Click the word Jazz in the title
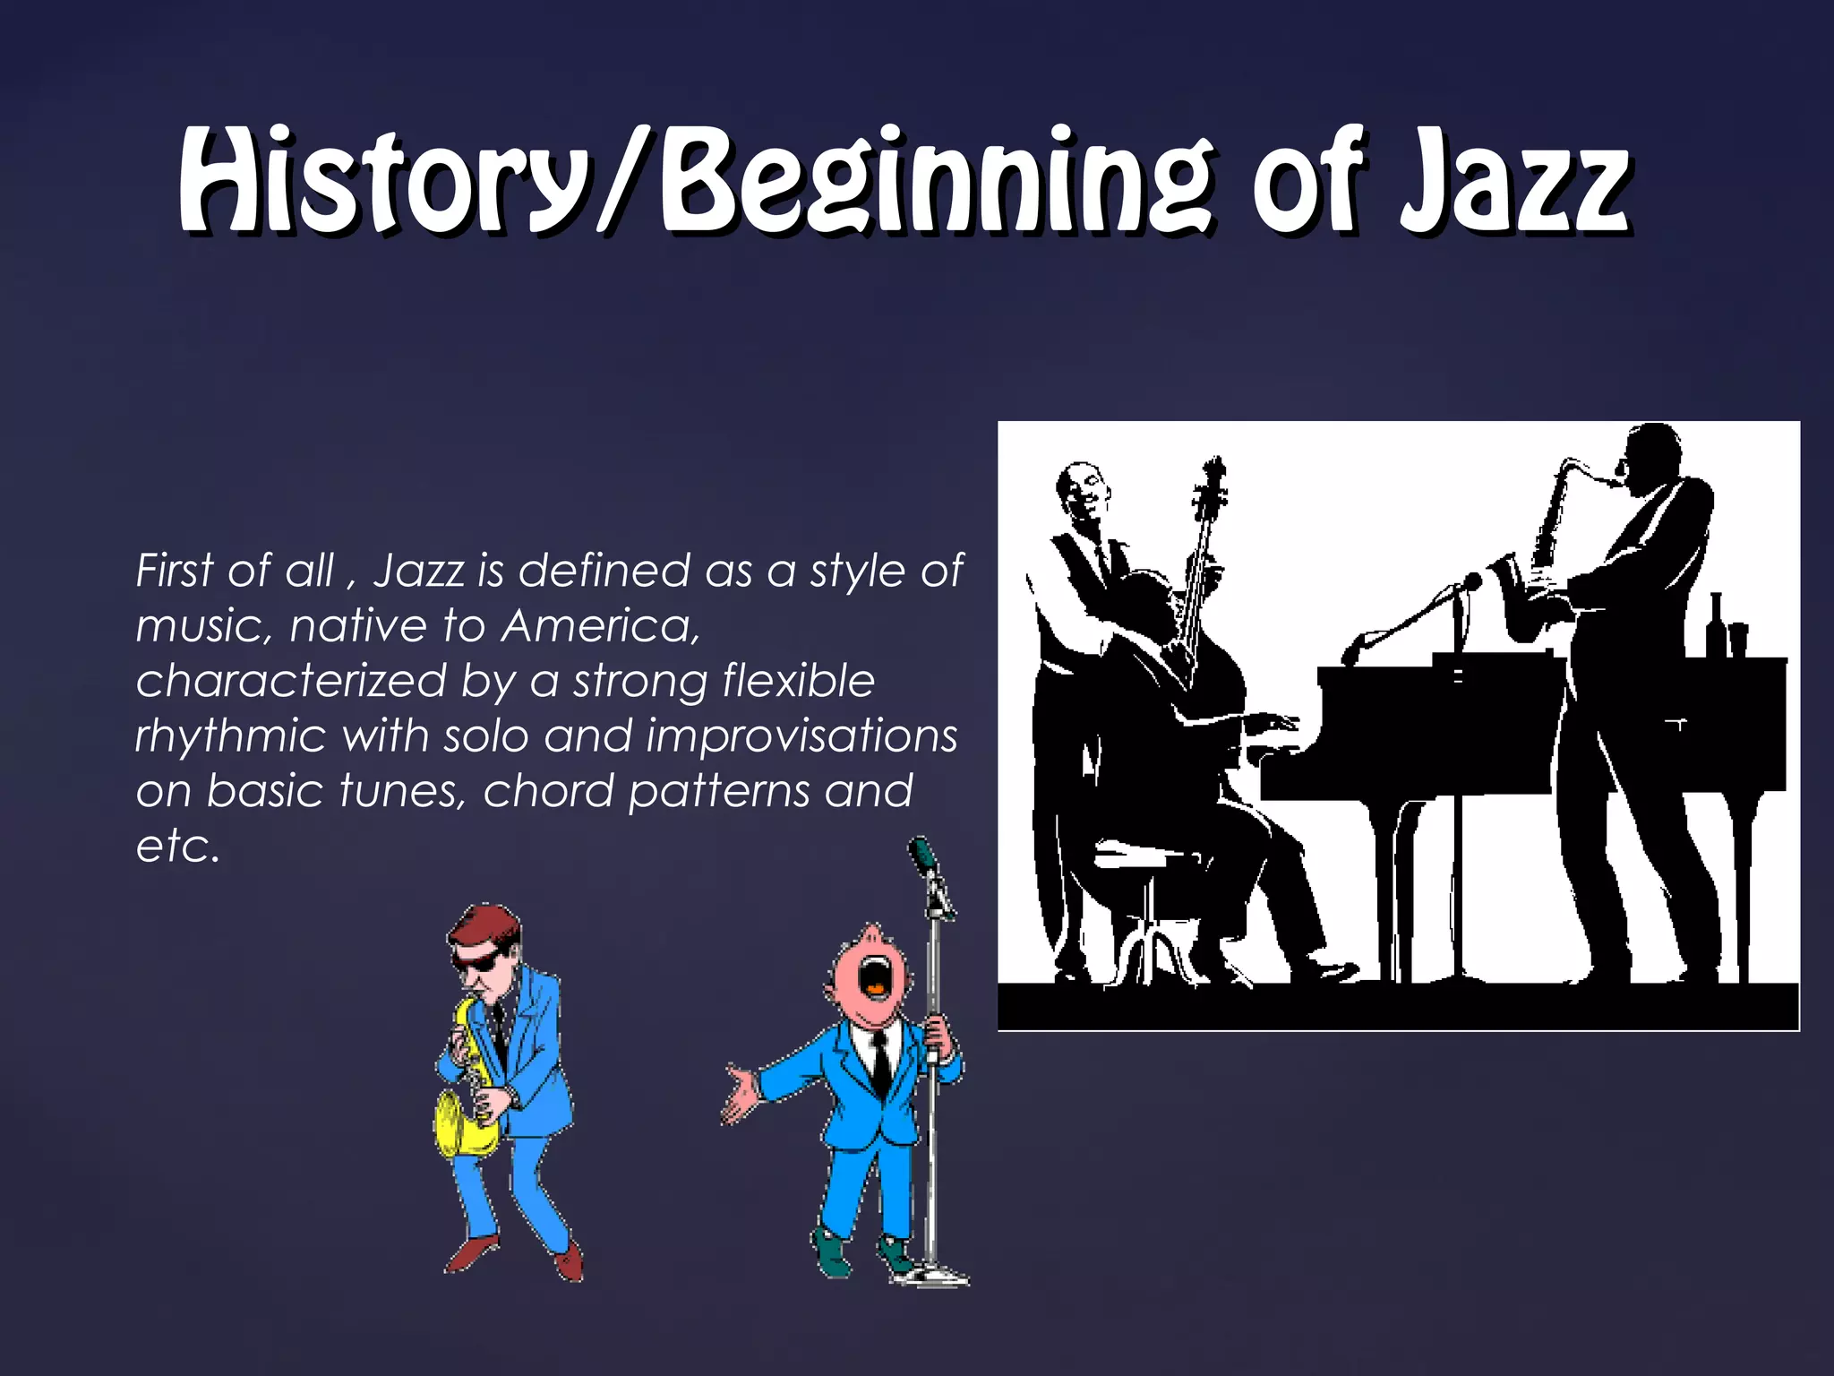tap(1513, 184)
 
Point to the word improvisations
tap(801, 736)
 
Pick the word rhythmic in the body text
tap(231, 736)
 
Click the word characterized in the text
tap(290, 681)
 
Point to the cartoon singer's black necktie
tap(881, 1062)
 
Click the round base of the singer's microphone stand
tap(936, 1274)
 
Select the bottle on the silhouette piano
tap(1716, 627)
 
